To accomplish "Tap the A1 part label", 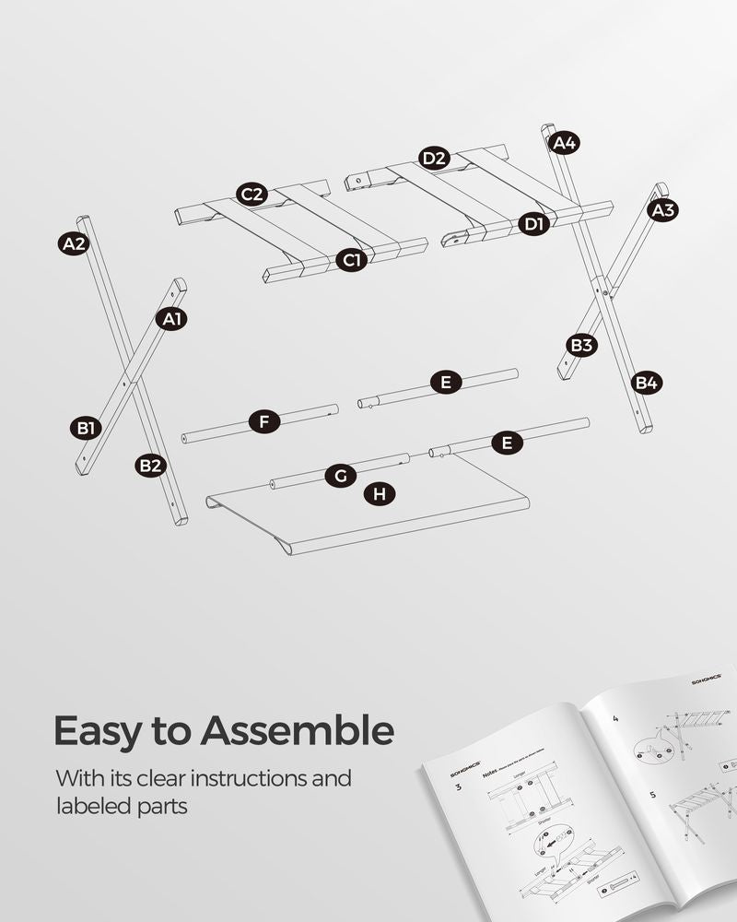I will (x=171, y=319).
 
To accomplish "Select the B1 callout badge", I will (x=86, y=428).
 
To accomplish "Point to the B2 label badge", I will (x=150, y=466).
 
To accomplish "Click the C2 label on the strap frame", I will (x=252, y=195).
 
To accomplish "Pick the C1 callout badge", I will (x=351, y=261).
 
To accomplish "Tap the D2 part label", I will (x=434, y=159).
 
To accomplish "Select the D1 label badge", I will (x=533, y=223).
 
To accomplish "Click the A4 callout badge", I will (x=564, y=143).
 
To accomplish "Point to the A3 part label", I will (x=662, y=210).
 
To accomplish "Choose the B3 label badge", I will (x=581, y=346).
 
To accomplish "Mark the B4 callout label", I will (x=647, y=382).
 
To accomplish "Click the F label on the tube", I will (x=264, y=423).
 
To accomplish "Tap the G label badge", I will (x=340, y=476).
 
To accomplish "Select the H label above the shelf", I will (x=379, y=494).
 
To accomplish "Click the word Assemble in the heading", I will (x=298, y=730).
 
